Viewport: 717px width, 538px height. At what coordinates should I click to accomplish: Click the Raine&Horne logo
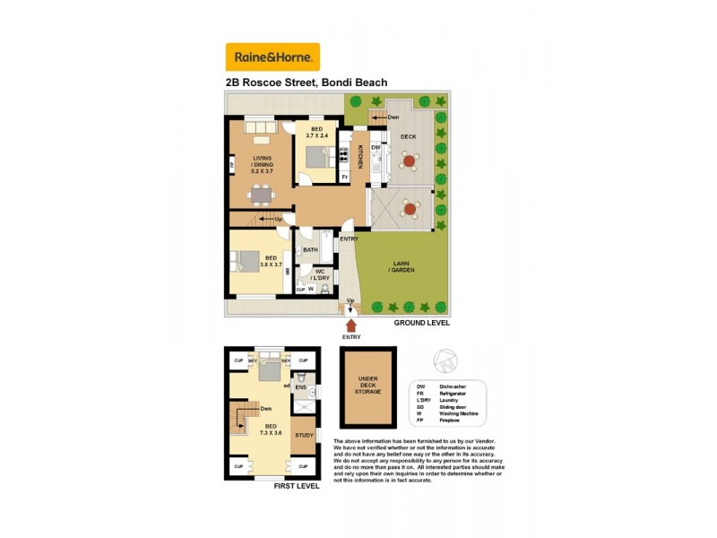pyautogui.click(x=272, y=57)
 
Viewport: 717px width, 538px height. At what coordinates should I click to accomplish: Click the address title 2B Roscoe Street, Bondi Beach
pyautogui.click(x=307, y=82)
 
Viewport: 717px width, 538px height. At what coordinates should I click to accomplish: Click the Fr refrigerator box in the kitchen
pyautogui.click(x=345, y=177)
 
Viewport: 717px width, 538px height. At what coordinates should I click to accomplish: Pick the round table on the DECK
pyautogui.click(x=410, y=161)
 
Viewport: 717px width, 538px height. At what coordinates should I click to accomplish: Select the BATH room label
pyautogui.click(x=310, y=250)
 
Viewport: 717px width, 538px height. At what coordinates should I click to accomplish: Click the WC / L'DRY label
pyautogui.click(x=320, y=275)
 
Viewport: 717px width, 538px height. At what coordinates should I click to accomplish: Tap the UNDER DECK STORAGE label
pyautogui.click(x=368, y=386)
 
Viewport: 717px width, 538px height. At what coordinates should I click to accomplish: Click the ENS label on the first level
pyautogui.click(x=301, y=387)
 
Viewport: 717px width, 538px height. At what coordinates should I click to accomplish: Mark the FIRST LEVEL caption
pyautogui.click(x=295, y=487)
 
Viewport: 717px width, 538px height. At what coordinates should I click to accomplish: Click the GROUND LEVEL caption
pyautogui.click(x=422, y=323)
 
